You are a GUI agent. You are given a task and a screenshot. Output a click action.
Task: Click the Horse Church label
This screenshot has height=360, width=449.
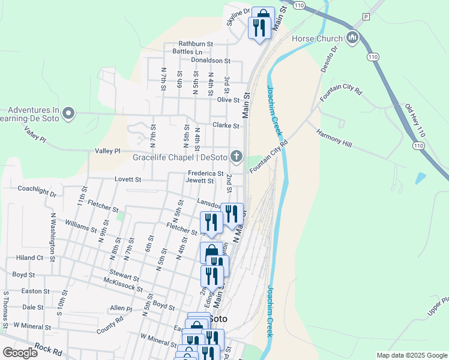tap(317, 38)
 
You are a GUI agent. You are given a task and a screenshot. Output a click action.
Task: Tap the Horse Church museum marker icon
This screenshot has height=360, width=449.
tap(352, 38)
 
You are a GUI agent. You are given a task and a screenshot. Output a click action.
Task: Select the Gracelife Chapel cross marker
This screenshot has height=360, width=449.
tap(237, 158)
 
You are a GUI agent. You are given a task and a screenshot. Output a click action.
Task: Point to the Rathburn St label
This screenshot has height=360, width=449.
tap(196, 44)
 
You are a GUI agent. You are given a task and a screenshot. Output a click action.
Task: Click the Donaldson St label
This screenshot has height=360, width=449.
tap(211, 61)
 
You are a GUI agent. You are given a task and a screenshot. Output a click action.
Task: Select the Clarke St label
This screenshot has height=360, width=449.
tap(226, 126)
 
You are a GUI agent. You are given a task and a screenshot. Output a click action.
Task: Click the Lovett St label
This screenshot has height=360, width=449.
tap(128, 179)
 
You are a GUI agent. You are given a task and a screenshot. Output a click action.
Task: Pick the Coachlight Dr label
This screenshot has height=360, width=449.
tap(37, 194)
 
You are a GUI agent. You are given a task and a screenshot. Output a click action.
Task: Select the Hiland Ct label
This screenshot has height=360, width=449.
tap(31, 257)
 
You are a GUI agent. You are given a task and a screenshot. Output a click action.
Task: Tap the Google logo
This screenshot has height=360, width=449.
tap(20, 353)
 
